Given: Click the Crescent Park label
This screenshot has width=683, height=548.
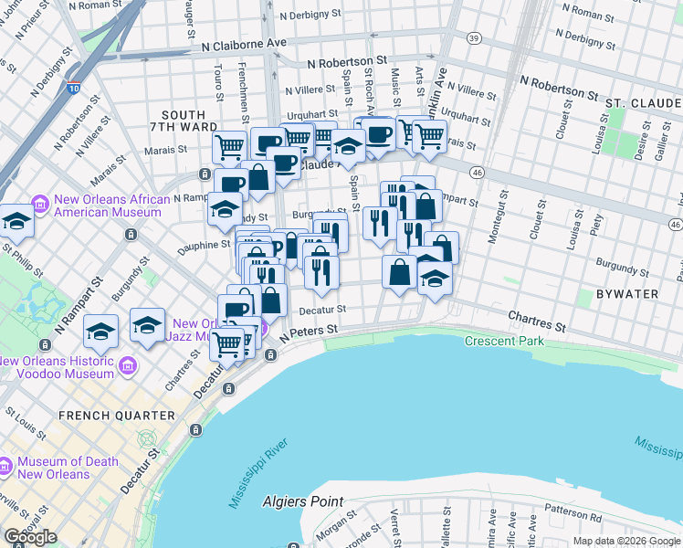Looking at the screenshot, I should tap(504, 341).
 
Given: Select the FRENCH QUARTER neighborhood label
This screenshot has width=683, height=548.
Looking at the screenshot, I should tap(116, 416).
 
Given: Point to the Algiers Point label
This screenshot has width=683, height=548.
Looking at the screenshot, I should tap(302, 501).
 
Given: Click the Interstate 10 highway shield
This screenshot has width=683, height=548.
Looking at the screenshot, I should tap(72, 90).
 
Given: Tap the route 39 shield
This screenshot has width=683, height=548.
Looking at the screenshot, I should tap(473, 37).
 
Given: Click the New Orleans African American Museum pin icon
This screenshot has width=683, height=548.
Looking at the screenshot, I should tap(40, 202).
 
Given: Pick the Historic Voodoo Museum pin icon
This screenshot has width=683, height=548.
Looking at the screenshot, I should tap(127, 366).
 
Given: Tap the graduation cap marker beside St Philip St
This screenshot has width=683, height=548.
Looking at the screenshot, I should tap(16, 222).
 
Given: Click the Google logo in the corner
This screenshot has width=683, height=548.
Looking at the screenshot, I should tap(30, 536).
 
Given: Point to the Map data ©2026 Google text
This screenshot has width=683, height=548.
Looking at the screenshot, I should tap(626, 541).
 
